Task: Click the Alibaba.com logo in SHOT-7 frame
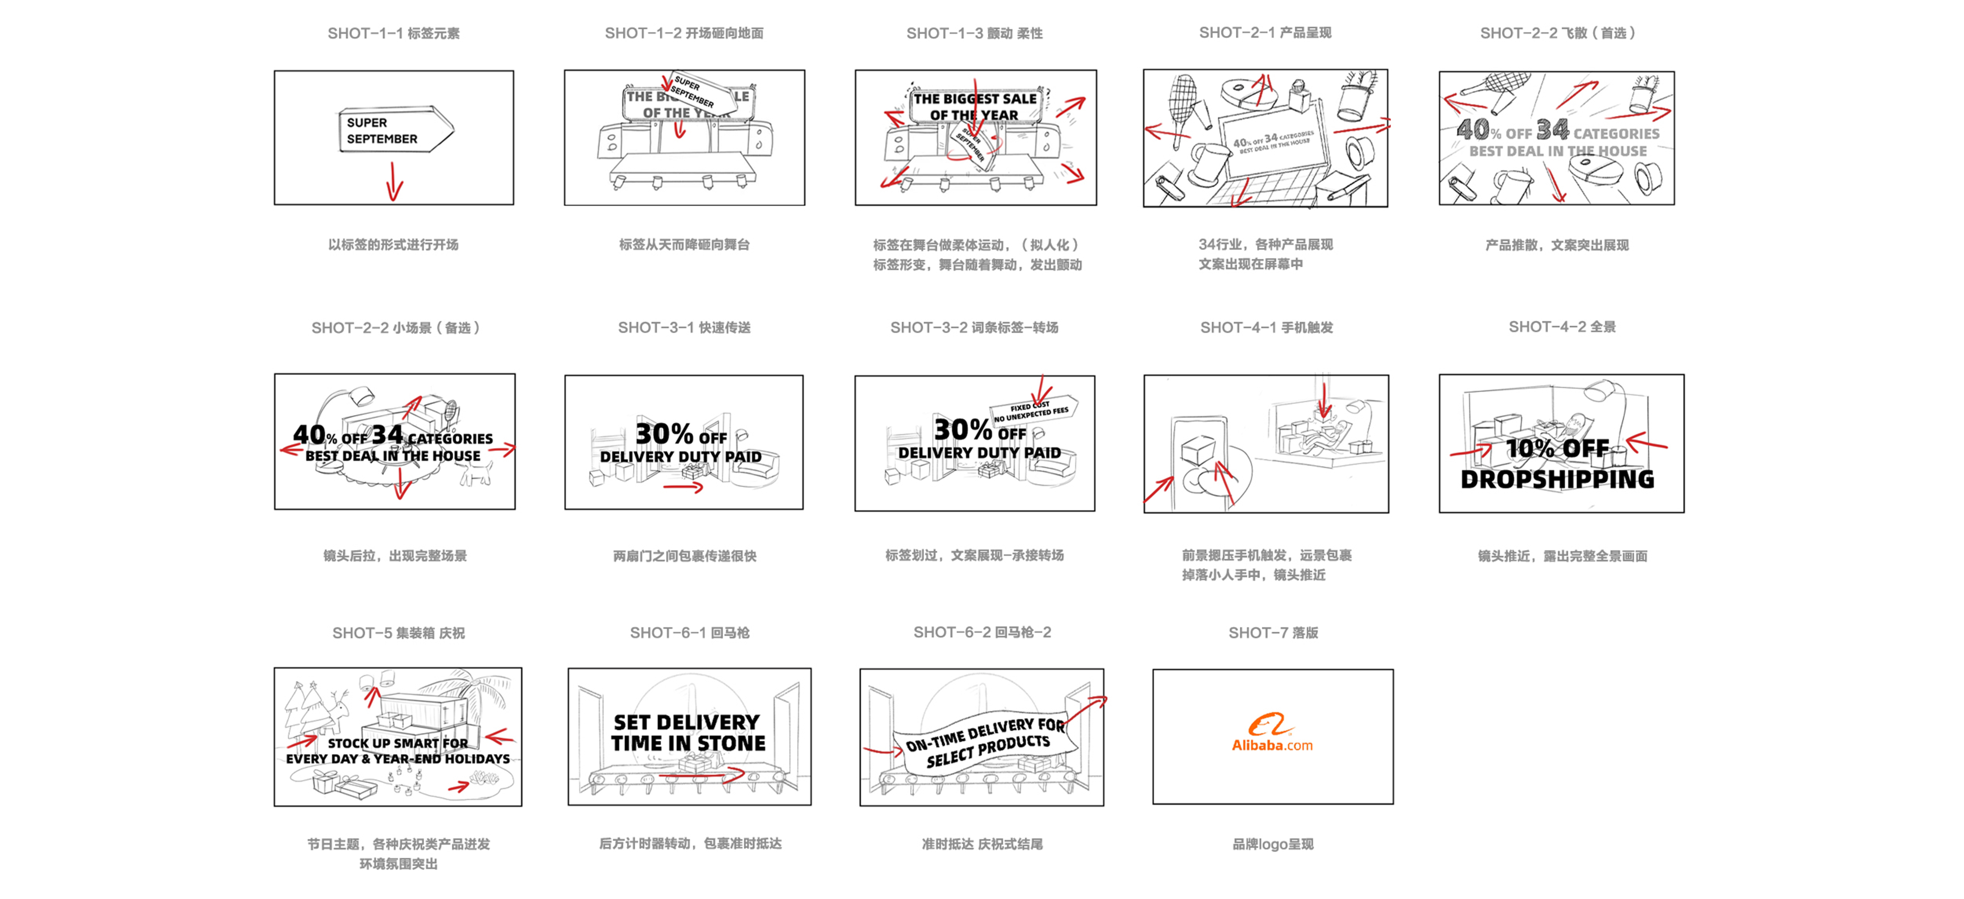(x=1272, y=733)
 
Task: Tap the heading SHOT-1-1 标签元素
(x=393, y=33)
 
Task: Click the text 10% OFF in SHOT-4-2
(x=1557, y=449)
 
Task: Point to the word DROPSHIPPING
(x=1557, y=479)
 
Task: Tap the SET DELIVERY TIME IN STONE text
(x=688, y=733)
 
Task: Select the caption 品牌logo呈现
(x=1273, y=844)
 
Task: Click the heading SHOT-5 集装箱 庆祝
(x=398, y=633)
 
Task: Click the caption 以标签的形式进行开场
(x=393, y=245)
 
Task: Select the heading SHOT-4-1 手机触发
(x=1266, y=328)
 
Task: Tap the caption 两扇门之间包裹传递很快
(x=684, y=556)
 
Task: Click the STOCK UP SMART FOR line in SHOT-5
(x=398, y=743)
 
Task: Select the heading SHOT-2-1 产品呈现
(x=1265, y=33)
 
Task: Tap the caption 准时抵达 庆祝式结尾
(x=982, y=844)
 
